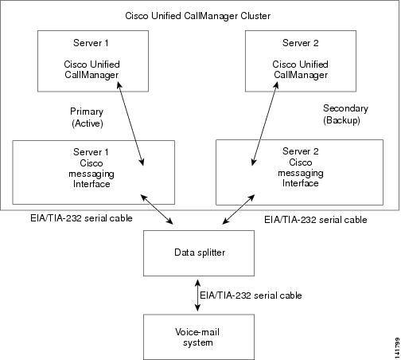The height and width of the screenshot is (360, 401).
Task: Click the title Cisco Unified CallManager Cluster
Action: click(198, 16)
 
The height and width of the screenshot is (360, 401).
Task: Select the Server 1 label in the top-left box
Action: click(91, 43)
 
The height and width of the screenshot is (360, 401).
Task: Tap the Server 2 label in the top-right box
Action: click(301, 43)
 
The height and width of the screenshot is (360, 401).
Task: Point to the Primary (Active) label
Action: click(87, 117)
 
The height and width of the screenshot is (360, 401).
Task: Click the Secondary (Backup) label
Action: click(345, 114)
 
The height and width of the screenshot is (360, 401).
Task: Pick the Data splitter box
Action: click(199, 253)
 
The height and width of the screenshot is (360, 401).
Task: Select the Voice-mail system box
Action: click(199, 337)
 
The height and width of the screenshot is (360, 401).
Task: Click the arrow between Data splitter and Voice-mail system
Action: click(197, 295)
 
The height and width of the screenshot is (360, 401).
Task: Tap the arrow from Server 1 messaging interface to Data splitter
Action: click(157, 209)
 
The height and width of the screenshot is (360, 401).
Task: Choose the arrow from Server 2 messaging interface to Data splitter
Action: click(239, 209)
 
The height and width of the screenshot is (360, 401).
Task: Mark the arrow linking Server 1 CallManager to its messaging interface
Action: click(130, 123)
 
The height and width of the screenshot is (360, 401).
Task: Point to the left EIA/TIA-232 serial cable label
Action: click(81, 218)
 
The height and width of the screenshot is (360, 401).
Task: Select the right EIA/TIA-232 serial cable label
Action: click(316, 220)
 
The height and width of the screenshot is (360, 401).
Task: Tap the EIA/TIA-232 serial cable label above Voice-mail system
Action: click(251, 295)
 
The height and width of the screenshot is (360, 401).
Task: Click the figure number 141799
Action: click(397, 348)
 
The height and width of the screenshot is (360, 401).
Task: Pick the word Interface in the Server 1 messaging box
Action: click(91, 184)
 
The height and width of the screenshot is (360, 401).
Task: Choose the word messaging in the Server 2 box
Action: click(301, 174)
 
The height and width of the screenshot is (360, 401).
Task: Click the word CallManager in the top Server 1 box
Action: click(91, 75)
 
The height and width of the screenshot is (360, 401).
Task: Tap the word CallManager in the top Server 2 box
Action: click(301, 75)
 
